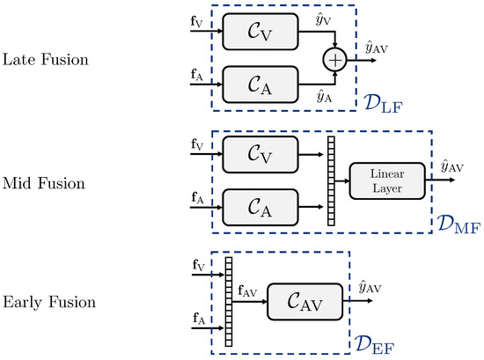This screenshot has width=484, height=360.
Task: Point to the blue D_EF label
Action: [377, 341]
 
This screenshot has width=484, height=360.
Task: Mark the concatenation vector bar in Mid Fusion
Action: [332, 181]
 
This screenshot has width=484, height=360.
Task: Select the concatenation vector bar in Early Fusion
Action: [228, 299]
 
